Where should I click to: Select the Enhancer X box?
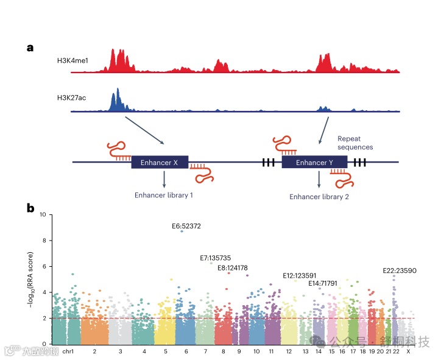[160, 163]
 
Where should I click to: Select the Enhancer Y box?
[314, 163]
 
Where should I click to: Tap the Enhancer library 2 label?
[319, 196]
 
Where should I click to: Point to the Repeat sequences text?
[355, 143]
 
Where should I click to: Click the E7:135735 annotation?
[215, 258]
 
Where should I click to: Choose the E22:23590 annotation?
[399, 270]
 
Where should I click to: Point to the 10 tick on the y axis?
[42, 214]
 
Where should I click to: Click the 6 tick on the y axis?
[44, 266]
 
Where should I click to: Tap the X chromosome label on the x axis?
[407, 351]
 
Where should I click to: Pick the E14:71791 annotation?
[323, 283]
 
